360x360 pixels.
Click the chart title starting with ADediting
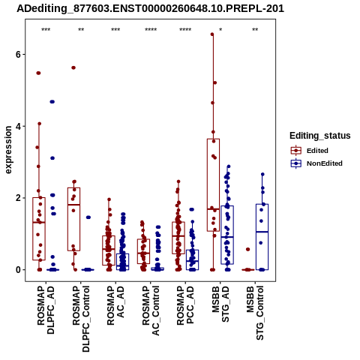pyautogui.click(x=150, y=9)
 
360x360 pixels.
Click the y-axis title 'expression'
pyautogui.click(x=8, y=150)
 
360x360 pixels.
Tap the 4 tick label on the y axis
pyautogui.click(x=18, y=126)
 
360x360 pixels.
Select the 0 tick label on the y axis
pyautogui.click(x=18, y=270)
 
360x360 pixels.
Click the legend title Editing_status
pyautogui.click(x=320, y=136)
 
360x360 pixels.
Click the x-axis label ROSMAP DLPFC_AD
pyautogui.click(x=46, y=310)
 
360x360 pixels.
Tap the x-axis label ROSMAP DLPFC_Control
pyautogui.click(x=81, y=319)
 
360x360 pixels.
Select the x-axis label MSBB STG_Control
pyautogui.click(x=255, y=313)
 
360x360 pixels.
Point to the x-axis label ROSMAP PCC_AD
pyautogui.click(x=185, y=305)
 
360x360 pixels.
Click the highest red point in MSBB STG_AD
pyautogui.click(x=212, y=34)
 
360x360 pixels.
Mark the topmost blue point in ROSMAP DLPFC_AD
pyautogui.click(x=52, y=102)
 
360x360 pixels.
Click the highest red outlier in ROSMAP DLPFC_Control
pyautogui.click(x=73, y=67)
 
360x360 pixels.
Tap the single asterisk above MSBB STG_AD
pyautogui.click(x=220, y=30)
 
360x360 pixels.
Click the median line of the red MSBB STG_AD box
pyautogui.click(x=213, y=209)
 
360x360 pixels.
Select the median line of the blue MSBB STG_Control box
pyautogui.click(x=262, y=232)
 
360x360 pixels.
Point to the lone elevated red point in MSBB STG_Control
pyautogui.click(x=247, y=249)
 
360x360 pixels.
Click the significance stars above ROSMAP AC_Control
pyautogui.click(x=151, y=30)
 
